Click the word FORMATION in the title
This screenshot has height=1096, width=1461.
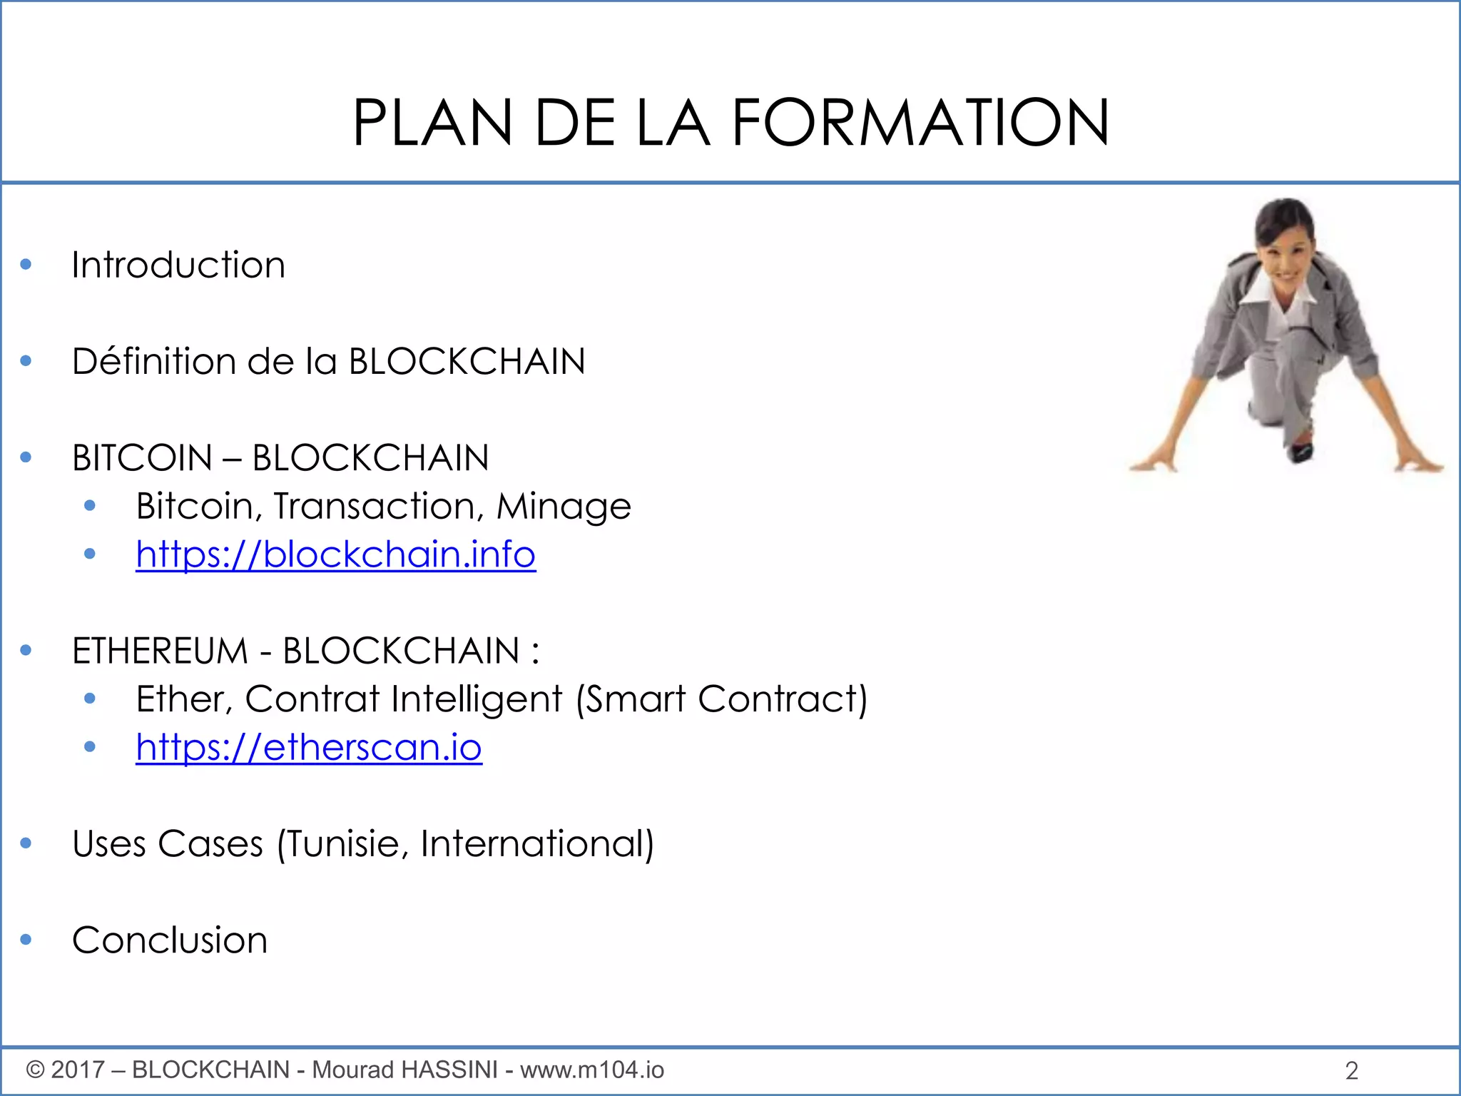(x=920, y=123)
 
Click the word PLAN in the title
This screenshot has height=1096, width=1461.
(x=432, y=123)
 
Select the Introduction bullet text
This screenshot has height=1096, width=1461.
(x=178, y=265)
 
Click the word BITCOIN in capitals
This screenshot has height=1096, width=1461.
(x=142, y=458)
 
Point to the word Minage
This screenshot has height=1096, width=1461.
(x=564, y=507)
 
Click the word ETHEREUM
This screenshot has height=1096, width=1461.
(x=160, y=651)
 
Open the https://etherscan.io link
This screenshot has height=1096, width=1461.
(x=309, y=748)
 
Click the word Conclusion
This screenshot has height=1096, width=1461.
(x=170, y=940)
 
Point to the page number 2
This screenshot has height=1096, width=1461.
(x=1351, y=1070)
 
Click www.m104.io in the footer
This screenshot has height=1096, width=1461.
(x=592, y=1070)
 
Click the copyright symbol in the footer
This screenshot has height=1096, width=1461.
(x=35, y=1070)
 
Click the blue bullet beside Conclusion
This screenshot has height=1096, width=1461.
(x=26, y=940)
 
